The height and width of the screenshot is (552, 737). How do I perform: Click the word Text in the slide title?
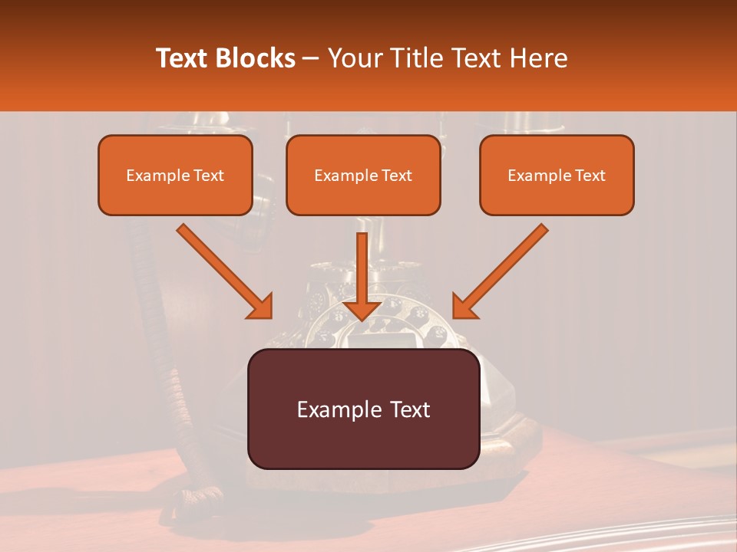coord(183,58)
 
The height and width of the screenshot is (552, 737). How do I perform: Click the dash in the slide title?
coord(311,58)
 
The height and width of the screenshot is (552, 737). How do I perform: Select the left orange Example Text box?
coord(175,175)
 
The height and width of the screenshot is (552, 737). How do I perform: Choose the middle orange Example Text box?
coord(363,175)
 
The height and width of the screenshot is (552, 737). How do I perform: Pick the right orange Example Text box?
coord(557,175)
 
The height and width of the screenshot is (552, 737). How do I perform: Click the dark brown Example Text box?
coord(363,409)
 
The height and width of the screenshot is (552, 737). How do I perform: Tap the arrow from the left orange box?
coord(223,269)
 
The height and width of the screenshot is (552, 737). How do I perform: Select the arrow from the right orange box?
coord(503,269)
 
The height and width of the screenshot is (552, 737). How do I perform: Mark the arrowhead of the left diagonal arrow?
coord(261,307)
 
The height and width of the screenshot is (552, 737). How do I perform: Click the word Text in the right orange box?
coord(590,176)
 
